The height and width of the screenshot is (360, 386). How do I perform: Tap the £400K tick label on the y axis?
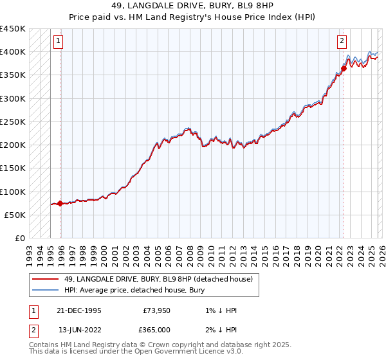[12, 52]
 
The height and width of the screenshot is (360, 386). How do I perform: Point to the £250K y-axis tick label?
[12, 122]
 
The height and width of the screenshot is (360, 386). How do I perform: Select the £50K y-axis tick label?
[15, 215]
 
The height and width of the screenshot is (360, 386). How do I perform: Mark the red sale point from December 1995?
[60, 204]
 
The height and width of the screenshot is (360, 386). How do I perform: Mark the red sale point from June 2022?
[344, 68]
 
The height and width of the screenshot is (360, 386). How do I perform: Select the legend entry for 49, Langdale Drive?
[158, 279]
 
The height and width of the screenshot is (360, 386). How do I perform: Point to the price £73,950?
[156, 310]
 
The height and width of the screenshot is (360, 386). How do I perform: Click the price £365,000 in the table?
[154, 330]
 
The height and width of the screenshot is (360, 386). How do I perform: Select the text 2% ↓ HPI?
[222, 330]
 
